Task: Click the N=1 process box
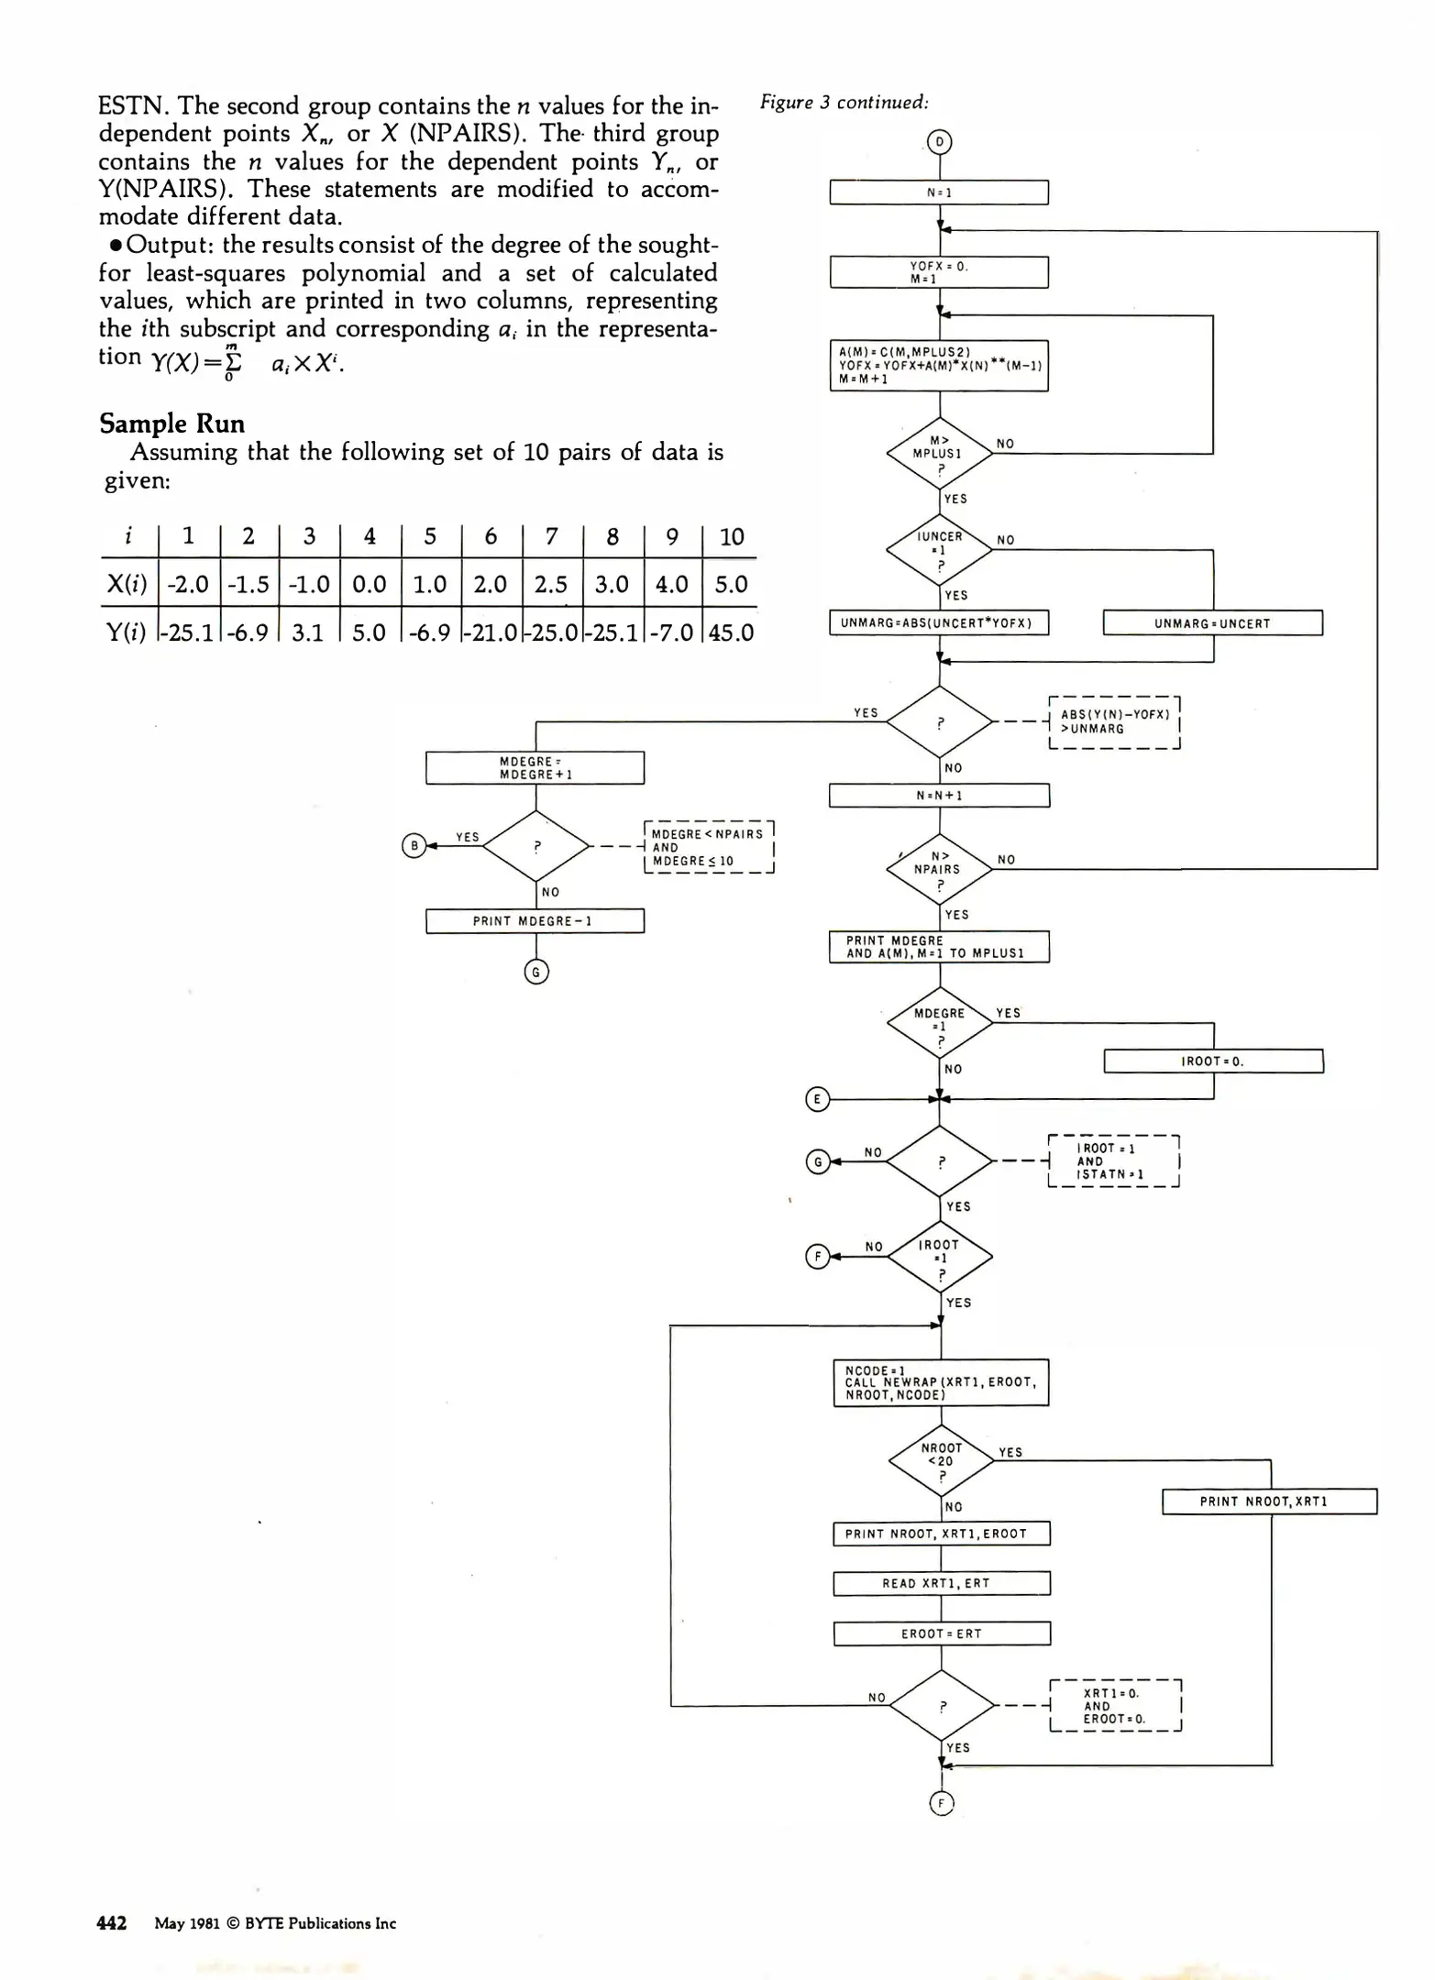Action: (938, 192)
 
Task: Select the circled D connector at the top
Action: (939, 143)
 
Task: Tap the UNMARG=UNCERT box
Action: (1212, 623)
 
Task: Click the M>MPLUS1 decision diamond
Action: (939, 453)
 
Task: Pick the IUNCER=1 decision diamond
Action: (939, 549)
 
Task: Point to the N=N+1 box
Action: (939, 796)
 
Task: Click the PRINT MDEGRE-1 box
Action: (535, 921)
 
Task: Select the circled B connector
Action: (414, 845)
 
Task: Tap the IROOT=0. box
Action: (1212, 1061)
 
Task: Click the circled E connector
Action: (817, 1099)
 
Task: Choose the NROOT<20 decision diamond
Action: (941, 1459)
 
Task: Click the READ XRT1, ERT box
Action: (941, 1583)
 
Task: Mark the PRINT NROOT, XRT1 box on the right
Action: (1269, 1501)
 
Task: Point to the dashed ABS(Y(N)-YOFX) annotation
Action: (1114, 722)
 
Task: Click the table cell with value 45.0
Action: (731, 632)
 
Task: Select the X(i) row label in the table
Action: (127, 585)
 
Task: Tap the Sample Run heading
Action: (172, 423)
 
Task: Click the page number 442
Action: (112, 1923)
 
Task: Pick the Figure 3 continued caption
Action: (844, 103)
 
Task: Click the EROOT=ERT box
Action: (941, 1633)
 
